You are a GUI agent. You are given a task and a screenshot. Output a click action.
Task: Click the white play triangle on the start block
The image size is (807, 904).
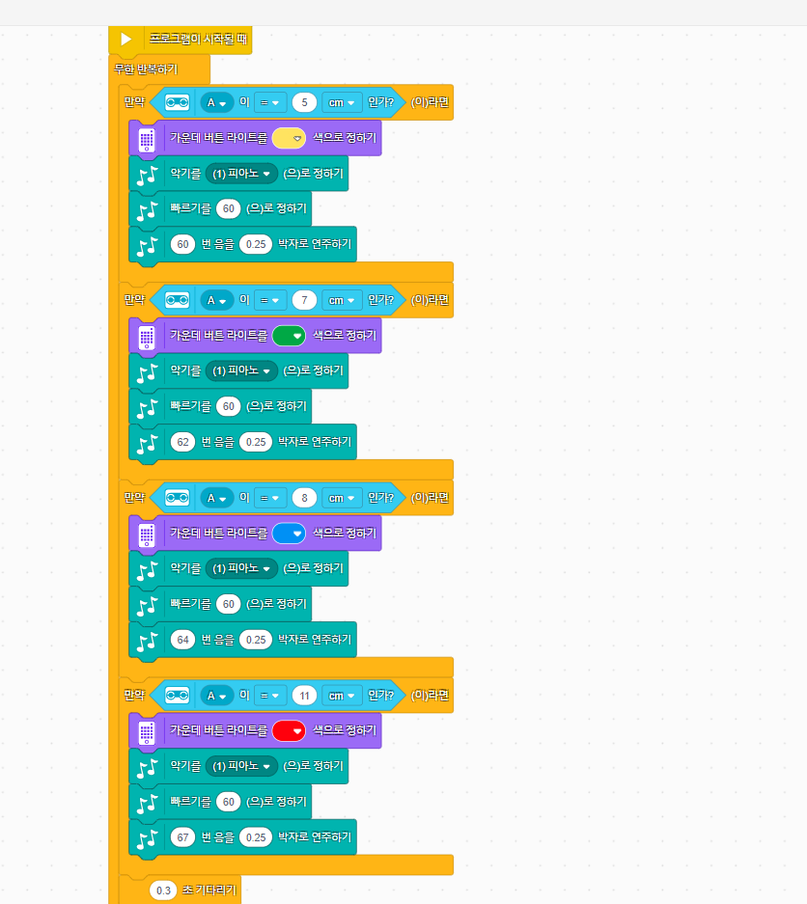(125, 40)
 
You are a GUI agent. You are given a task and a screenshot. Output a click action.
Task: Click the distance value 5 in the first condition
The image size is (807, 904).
(304, 102)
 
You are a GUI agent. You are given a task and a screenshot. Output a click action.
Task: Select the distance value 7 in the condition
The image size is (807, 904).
(304, 300)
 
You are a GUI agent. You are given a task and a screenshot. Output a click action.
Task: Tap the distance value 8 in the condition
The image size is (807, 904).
(304, 498)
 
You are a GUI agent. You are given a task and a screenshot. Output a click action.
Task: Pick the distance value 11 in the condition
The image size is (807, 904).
(304, 696)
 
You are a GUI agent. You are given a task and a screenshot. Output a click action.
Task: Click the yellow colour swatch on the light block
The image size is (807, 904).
(289, 138)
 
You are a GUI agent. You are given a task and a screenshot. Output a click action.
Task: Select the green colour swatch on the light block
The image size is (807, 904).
(289, 336)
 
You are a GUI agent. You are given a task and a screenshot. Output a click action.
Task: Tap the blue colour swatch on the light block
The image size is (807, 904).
(289, 534)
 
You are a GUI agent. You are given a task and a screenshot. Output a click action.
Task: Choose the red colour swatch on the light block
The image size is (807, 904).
(289, 731)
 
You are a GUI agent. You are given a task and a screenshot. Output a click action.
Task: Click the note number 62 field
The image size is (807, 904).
(182, 442)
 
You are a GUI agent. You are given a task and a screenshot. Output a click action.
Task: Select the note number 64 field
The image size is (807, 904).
(182, 640)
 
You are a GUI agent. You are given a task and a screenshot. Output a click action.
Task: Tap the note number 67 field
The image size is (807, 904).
(182, 837)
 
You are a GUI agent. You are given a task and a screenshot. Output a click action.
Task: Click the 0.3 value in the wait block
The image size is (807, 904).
(163, 890)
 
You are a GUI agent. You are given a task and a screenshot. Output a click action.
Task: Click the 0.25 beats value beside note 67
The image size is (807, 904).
(256, 837)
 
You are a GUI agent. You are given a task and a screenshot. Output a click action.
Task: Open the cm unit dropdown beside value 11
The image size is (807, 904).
(342, 696)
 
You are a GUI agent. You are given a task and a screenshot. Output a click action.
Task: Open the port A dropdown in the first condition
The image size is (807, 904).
(217, 102)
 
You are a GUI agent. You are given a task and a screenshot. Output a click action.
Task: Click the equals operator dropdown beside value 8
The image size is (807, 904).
(269, 498)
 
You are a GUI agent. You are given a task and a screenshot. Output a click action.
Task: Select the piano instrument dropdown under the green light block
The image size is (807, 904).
(241, 370)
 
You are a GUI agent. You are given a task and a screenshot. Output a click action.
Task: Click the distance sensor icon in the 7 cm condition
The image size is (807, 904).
(177, 300)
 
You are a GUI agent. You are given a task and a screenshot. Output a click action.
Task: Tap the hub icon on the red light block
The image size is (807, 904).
(147, 733)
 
